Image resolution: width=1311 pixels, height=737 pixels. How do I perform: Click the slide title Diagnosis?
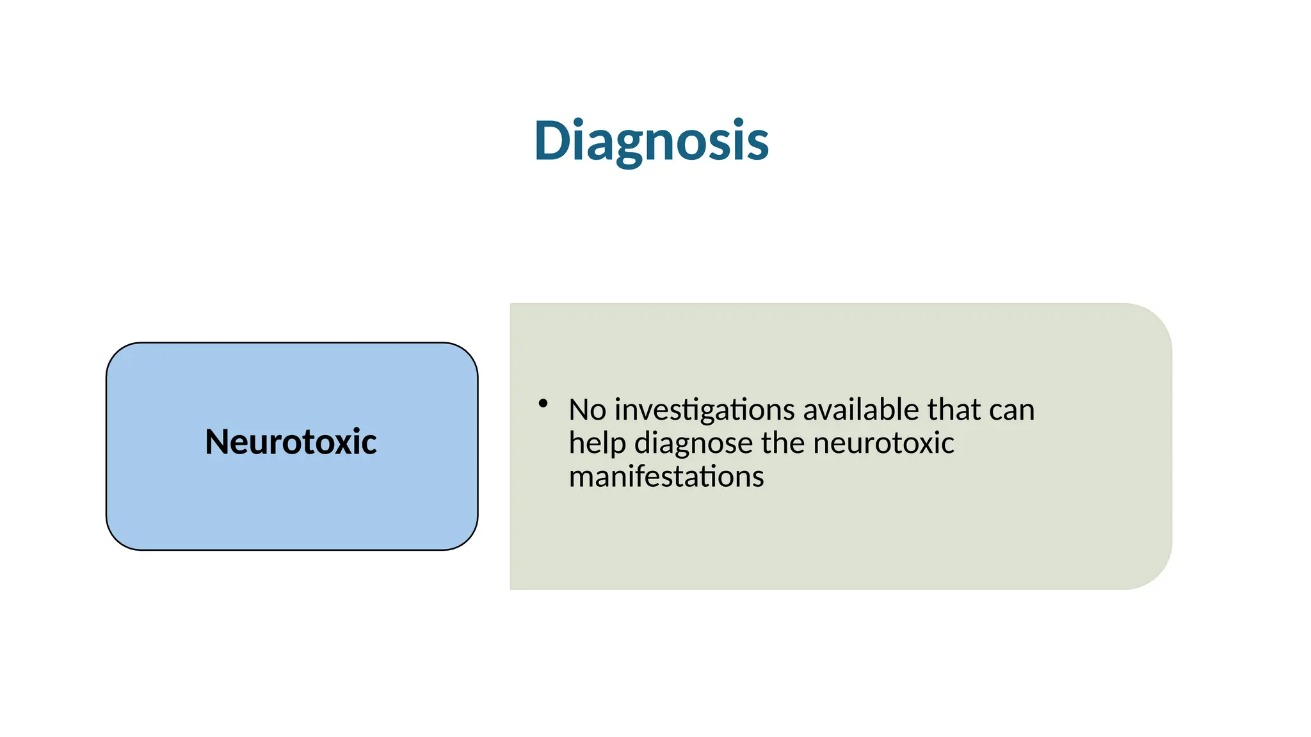tap(651, 141)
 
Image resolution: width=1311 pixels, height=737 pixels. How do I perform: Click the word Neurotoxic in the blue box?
tap(291, 441)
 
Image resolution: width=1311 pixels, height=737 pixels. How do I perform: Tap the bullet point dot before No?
tap(543, 403)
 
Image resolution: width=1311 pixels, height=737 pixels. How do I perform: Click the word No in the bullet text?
tap(587, 410)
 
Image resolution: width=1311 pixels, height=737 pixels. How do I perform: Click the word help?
tap(597, 443)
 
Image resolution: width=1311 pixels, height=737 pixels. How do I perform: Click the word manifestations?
tap(666, 477)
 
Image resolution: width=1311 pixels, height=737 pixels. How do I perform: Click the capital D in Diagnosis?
tap(552, 141)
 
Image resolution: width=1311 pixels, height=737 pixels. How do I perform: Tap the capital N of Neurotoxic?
tap(217, 441)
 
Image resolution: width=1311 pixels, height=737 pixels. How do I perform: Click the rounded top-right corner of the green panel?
tap(1155, 320)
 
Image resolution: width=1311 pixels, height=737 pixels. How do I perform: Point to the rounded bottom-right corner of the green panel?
tap(1155, 573)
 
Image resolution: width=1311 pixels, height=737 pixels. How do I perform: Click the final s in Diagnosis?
tap(757, 145)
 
